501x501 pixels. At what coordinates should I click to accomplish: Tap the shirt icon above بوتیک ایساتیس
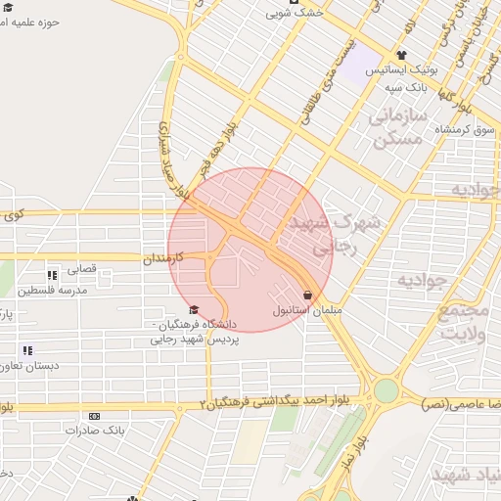(401, 55)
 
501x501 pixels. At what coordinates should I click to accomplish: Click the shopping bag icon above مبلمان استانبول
(307, 295)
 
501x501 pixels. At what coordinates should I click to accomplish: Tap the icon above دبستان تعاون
(27, 350)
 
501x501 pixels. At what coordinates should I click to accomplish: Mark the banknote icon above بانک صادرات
(94, 416)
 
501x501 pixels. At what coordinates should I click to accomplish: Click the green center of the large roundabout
(387, 390)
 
